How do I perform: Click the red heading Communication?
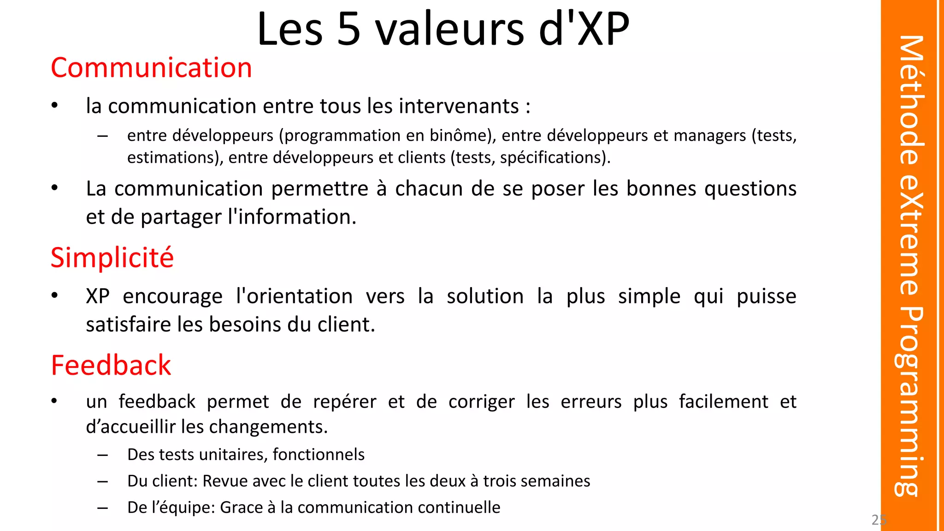[151, 68]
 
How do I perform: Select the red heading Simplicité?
[112, 258]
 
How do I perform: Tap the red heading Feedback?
[111, 366]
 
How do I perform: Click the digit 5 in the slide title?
[348, 29]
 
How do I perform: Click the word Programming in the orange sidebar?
[909, 401]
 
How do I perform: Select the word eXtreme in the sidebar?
[910, 235]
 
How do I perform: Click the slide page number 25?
[879, 520]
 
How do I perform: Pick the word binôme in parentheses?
[458, 136]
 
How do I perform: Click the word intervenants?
[459, 106]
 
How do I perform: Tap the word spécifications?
[551, 158]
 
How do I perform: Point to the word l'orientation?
[294, 296]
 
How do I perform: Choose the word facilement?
[724, 401]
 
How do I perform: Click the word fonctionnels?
[319, 454]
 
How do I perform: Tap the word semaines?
[560, 481]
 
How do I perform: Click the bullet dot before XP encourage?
[54, 295]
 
